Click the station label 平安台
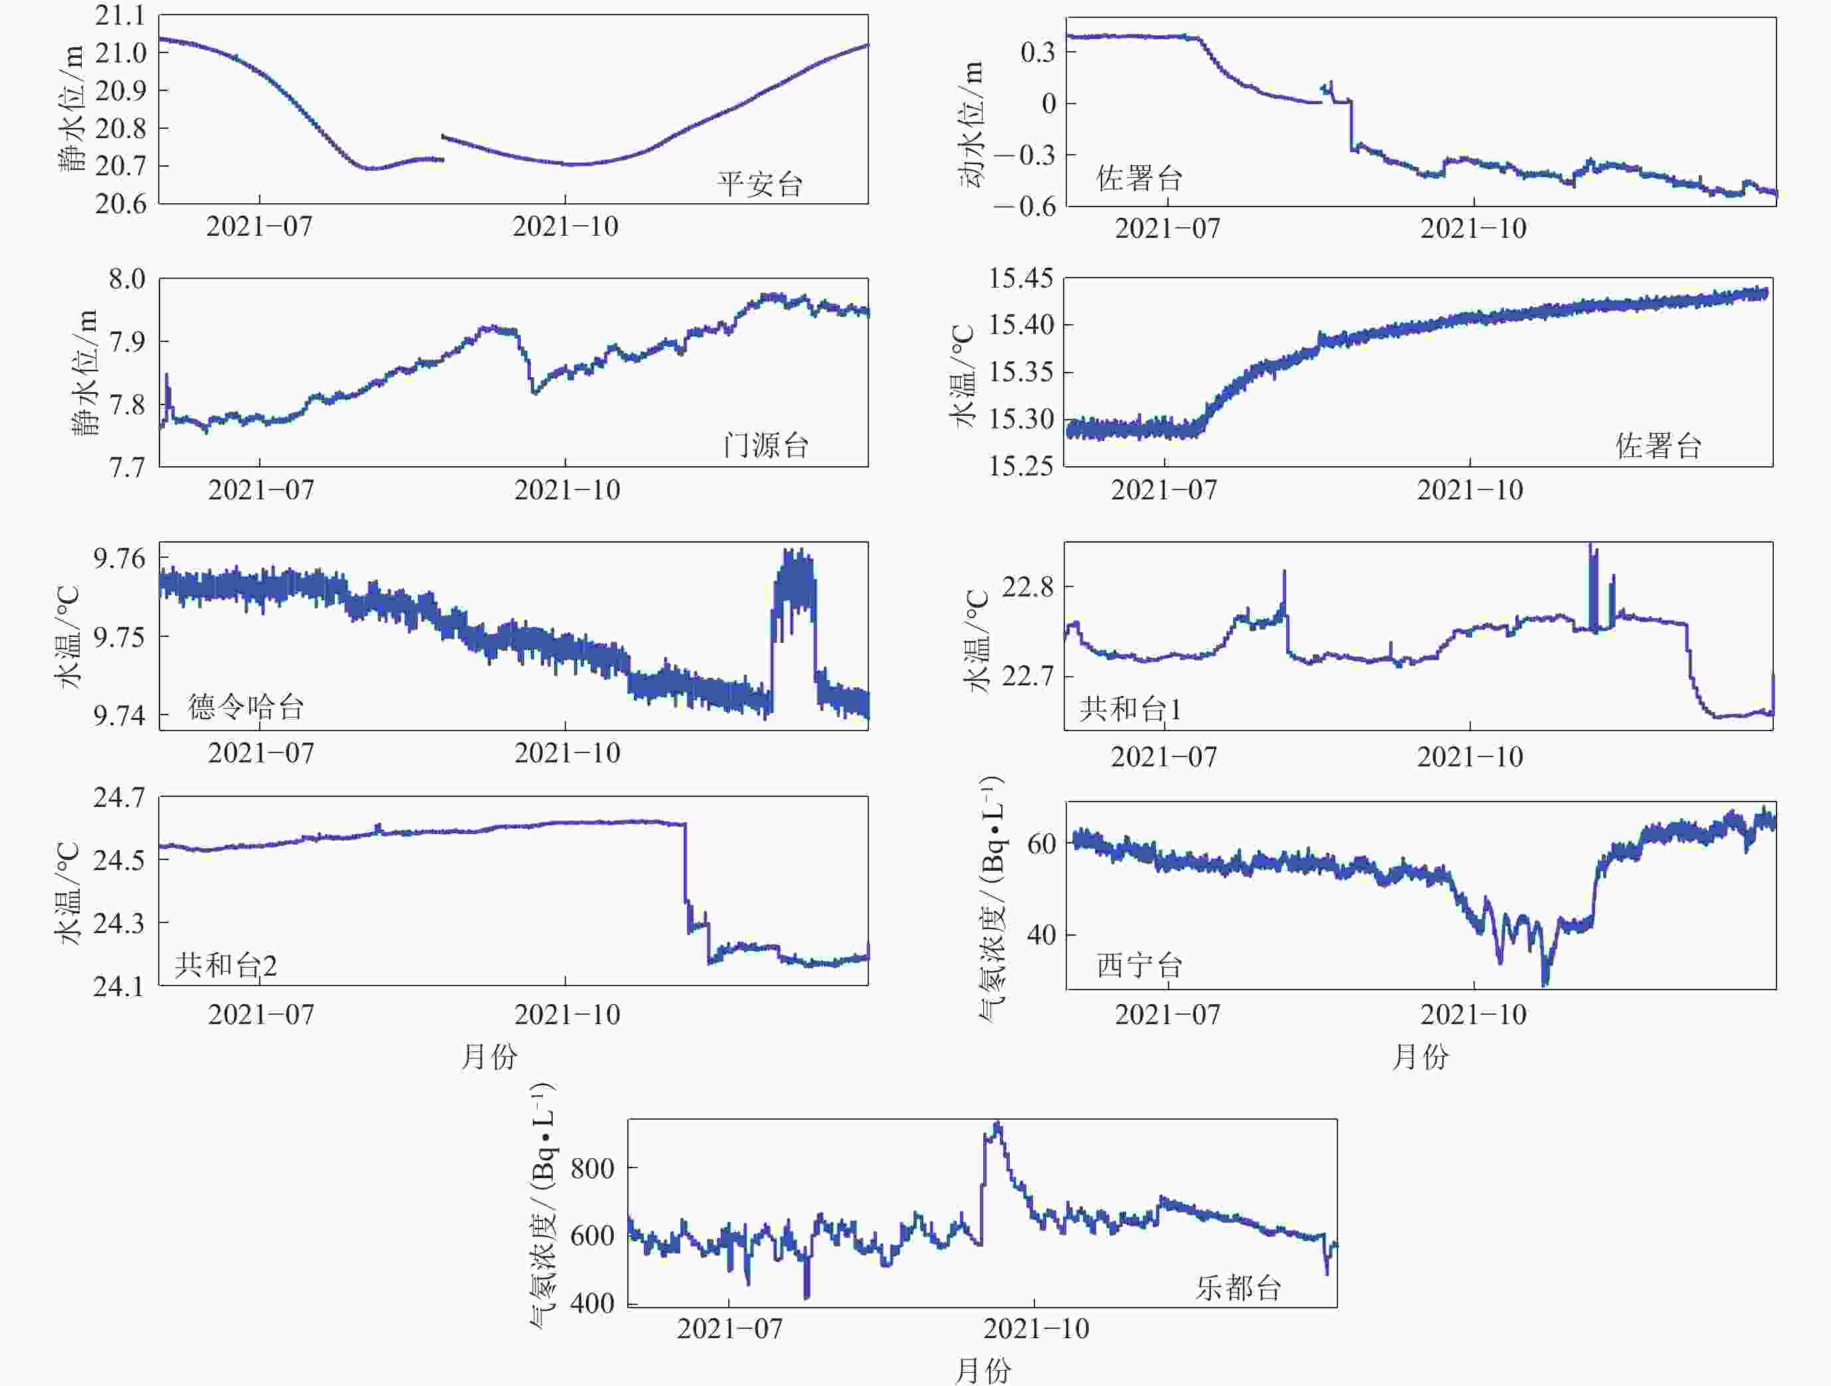[760, 184]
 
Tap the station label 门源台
[765, 445]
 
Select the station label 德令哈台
[246, 707]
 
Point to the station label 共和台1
[1131, 709]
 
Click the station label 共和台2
[226, 965]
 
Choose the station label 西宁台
[1139, 965]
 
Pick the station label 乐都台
[1238, 1286]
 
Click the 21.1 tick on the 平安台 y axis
[120, 16]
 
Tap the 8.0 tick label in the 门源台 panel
[128, 279]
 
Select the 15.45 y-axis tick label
[1021, 279]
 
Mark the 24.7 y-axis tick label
[118, 798]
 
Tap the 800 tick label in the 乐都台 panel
[592, 1168]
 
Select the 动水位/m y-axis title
[972, 124]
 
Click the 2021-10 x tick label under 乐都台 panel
[1036, 1329]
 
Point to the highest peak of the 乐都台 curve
[997, 1124]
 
